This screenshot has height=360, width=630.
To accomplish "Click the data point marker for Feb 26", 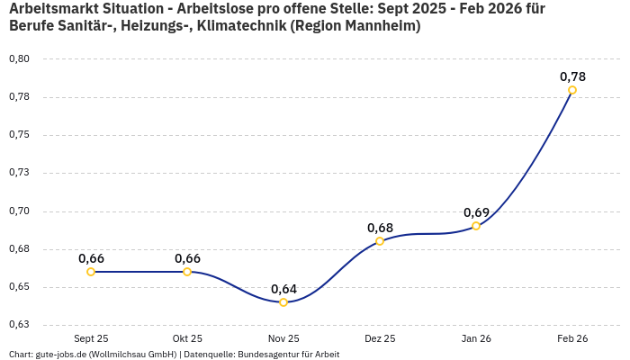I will coord(572,90).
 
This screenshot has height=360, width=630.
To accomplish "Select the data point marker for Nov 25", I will coord(283,302).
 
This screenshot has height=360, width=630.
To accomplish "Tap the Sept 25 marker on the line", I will coord(91,272).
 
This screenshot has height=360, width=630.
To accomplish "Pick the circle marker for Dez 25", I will coord(380,241).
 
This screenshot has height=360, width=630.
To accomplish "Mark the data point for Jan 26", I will coord(476,226).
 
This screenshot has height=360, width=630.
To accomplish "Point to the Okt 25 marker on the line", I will coord(187,272).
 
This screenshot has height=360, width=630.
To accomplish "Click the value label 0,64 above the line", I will coord(283,289).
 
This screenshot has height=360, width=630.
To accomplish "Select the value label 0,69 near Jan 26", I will coord(476,212).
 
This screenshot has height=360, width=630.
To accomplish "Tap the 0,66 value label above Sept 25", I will coord(91,258).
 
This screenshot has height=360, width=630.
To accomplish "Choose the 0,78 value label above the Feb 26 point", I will coord(572,76).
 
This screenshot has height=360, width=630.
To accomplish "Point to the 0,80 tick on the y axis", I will coord(19,59).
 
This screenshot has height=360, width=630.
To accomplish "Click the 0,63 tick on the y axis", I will coord(19,325).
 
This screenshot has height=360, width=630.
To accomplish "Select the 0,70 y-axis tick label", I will coord(19,211).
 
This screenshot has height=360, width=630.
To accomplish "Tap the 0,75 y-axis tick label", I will coord(19,135).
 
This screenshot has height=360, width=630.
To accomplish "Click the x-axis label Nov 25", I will coord(283,338).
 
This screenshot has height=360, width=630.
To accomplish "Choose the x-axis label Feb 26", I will coord(572,338).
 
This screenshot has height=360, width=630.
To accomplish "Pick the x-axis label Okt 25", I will coord(187,338).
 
